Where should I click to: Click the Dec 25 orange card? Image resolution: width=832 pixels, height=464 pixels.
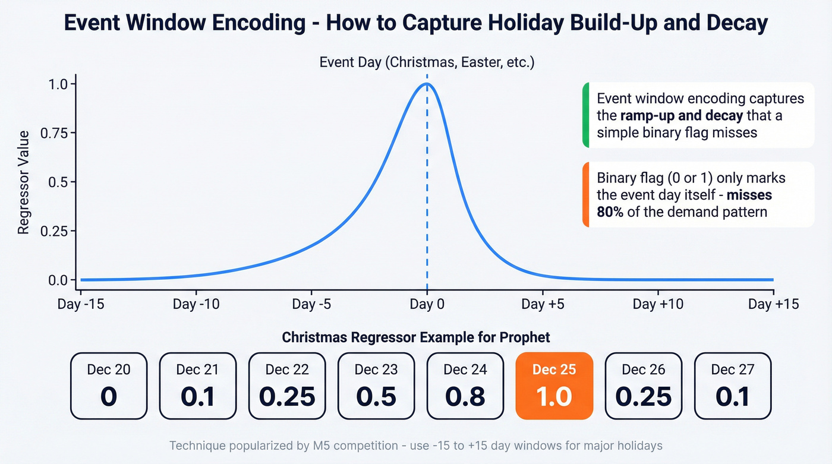pos(554,386)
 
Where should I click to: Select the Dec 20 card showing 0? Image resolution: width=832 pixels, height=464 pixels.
pos(108,386)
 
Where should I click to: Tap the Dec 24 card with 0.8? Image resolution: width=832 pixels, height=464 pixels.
pos(465,386)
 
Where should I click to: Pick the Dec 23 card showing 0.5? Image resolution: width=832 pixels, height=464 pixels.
pos(376,386)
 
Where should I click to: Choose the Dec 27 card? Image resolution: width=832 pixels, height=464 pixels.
pos(733,386)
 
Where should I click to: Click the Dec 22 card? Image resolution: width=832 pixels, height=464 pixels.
pos(287,386)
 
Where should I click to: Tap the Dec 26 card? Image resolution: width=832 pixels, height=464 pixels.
pos(644,386)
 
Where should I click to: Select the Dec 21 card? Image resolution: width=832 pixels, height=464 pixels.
pos(198,386)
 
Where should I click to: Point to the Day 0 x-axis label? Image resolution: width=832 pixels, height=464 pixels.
pos(427,305)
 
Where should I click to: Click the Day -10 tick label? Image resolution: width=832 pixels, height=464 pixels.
pos(196,305)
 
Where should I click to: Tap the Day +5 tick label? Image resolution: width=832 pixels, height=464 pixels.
pos(543,305)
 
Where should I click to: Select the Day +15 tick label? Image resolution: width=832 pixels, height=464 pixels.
pos(773,305)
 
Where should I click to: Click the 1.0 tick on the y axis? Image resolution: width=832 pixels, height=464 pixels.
pos(57,84)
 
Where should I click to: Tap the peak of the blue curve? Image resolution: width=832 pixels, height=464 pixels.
pos(427,84)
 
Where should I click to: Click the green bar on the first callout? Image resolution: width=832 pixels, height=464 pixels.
pos(585,115)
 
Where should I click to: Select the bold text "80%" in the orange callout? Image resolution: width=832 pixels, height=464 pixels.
pos(610,212)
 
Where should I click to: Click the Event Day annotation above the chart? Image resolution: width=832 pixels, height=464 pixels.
pos(427,62)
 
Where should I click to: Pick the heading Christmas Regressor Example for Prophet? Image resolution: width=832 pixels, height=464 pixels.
pos(416,337)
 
